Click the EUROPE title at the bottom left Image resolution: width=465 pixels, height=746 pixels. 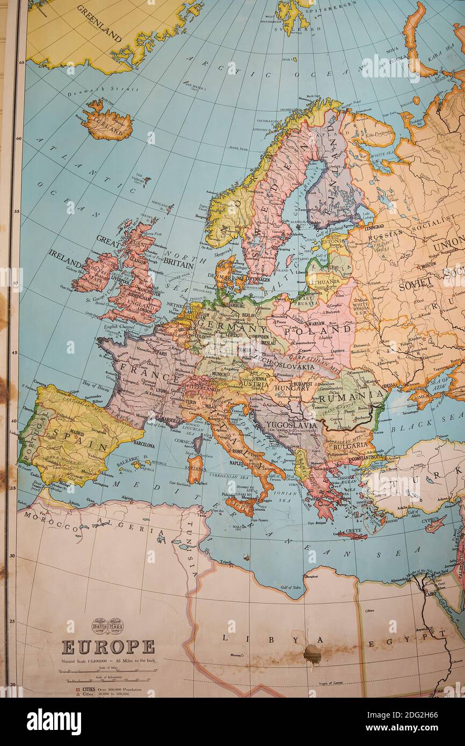pos(108,647)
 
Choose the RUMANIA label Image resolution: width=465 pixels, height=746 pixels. pos(351,398)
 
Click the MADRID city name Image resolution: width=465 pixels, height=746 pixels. pos(77,433)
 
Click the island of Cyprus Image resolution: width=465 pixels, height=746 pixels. pos(435,524)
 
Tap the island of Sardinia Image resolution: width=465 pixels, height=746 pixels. pos(195,469)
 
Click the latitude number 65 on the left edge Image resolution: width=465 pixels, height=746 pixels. pos(21,63)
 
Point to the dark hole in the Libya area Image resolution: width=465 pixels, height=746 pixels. pos(312,654)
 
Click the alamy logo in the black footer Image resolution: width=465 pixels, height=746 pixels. pos(54,722)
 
